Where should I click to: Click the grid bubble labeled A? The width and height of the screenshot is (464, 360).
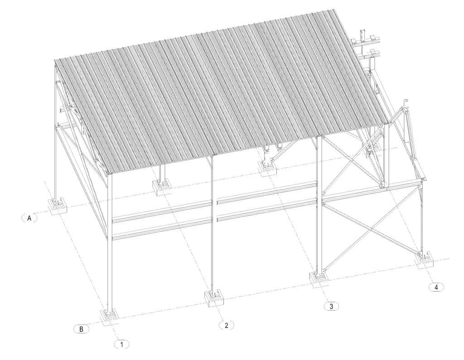[29, 218]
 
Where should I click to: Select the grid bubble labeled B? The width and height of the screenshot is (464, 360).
[81, 329]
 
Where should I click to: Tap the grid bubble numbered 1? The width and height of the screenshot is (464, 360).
[121, 344]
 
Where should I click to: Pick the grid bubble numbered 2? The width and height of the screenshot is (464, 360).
[227, 326]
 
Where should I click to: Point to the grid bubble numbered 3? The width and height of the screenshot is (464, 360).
[331, 306]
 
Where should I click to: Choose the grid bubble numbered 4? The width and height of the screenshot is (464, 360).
[436, 287]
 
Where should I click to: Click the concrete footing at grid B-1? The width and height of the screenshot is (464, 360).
[109, 318]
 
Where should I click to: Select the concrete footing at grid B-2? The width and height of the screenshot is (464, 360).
[214, 299]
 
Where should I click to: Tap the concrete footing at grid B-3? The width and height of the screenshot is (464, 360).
[319, 279]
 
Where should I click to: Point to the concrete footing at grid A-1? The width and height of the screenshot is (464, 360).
[58, 206]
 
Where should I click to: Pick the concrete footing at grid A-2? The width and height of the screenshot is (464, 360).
[161, 187]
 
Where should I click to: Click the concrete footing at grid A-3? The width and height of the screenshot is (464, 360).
[267, 169]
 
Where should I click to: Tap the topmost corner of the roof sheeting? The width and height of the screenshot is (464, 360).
[334, 10]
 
